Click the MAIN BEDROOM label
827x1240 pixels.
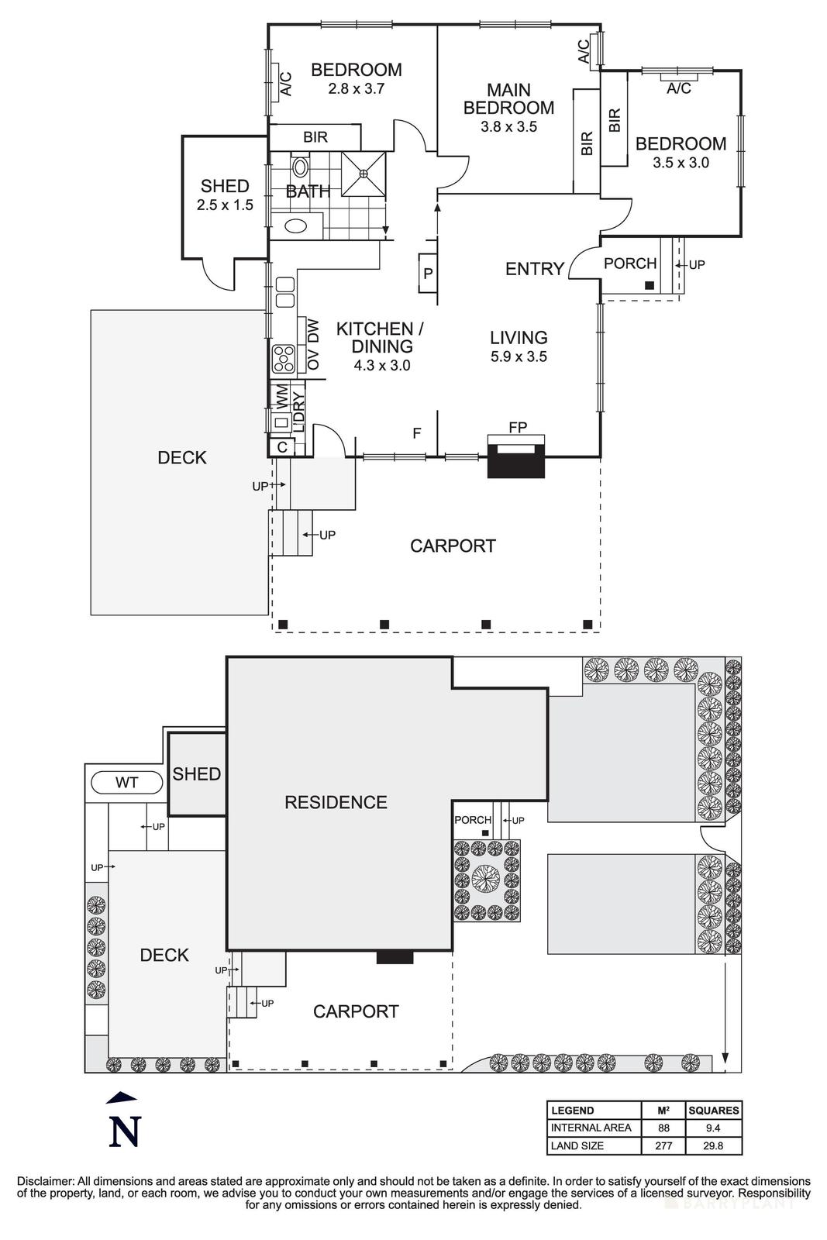point(508,99)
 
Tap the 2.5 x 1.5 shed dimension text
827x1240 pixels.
point(225,205)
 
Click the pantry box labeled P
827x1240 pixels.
point(427,274)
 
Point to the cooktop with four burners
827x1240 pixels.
point(284,360)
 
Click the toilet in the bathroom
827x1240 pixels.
point(300,167)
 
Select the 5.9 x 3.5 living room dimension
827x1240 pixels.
point(519,357)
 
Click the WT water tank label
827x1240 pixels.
point(126,783)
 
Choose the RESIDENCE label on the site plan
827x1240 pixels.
point(336,802)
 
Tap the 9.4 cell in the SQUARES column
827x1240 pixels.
point(713,1128)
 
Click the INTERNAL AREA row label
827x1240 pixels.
point(591,1128)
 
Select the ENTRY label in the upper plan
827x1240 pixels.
point(534,269)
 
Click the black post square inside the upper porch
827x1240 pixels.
point(649,285)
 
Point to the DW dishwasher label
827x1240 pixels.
point(314,333)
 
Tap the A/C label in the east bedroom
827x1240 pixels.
point(679,88)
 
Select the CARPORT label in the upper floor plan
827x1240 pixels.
point(453,546)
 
